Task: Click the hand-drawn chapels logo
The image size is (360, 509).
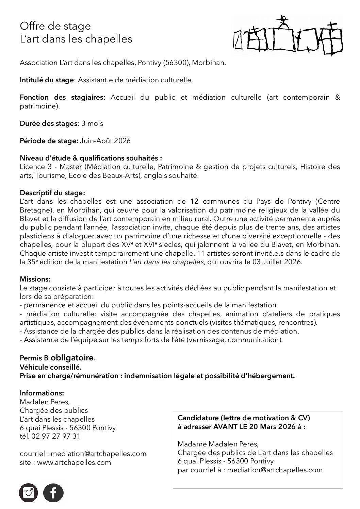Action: tap(289, 36)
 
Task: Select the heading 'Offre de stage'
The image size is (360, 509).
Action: tap(55, 26)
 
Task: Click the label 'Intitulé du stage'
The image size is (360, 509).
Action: tap(47, 80)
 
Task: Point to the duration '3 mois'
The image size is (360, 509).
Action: tap(92, 123)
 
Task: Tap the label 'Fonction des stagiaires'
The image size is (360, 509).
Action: tap(61, 97)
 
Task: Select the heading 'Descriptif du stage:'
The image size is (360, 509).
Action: tap(52, 193)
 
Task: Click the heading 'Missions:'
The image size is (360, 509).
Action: tap(35, 279)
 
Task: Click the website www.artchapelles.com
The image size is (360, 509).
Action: tap(74, 462)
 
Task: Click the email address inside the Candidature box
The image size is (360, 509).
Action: tap(275, 470)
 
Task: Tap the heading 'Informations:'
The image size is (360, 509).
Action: tap(42, 393)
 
